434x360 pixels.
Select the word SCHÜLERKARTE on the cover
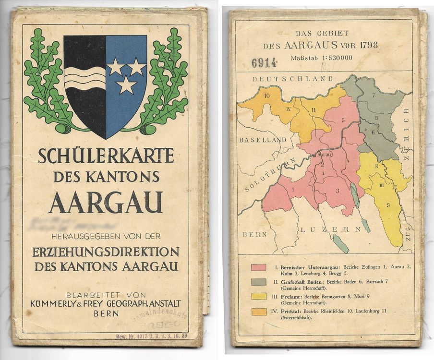click(x=106, y=156)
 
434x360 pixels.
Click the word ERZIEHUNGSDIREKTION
click(x=106, y=252)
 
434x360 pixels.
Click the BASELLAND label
click(x=262, y=140)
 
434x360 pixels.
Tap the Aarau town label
click(x=325, y=155)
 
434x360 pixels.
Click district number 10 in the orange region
click(x=266, y=96)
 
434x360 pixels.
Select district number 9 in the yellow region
click(x=388, y=205)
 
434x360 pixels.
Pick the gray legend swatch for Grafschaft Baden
click(x=259, y=283)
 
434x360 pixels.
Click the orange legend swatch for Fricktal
click(x=259, y=312)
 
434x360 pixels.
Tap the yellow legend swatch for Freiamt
click(x=259, y=297)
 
